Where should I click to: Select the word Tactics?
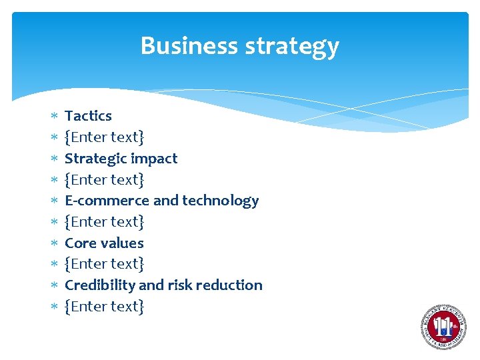(x=88, y=116)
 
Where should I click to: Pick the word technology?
(x=220, y=201)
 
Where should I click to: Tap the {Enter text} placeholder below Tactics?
(x=104, y=137)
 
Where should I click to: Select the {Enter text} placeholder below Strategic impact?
(x=104, y=179)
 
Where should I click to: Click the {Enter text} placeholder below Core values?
(x=104, y=264)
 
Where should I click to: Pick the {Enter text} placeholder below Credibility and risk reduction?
(x=104, y=306)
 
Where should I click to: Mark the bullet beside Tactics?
(x=53, y=117)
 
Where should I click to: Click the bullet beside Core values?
(x=53, y=243)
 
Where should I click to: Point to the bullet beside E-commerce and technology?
(x=53, y=201)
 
